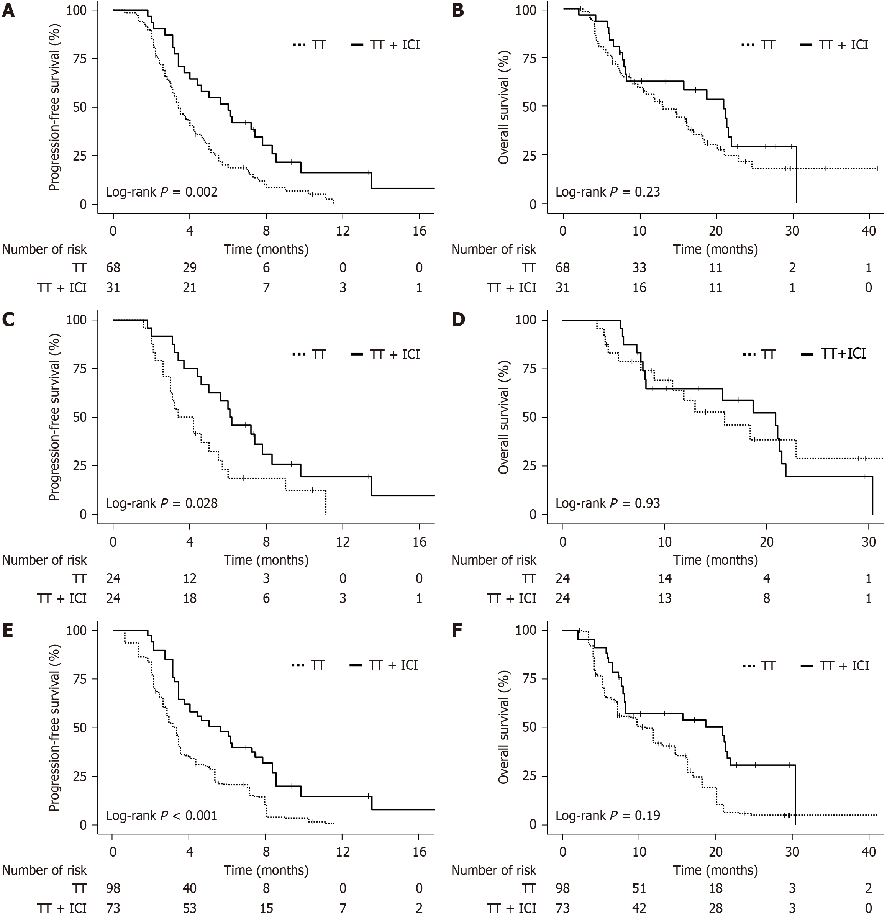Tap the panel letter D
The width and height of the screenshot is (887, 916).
[x=457, y=320]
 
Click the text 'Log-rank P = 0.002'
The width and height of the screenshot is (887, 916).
[x=162, y=192]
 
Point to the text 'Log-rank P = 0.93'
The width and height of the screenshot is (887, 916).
[x=608, y=503]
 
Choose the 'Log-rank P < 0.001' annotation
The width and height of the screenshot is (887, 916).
[x=162, y=816]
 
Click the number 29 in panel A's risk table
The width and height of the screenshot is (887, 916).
[x=190, y=268]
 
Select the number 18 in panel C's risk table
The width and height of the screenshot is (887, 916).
[x=190, y=598]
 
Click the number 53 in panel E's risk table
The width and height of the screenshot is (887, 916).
[x=190, y=908]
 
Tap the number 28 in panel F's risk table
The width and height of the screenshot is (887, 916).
[x=715, y=908]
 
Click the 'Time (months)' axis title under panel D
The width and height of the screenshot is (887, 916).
[x=715, y=559]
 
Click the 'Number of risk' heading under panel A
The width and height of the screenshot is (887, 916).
[x=45, y=249]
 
